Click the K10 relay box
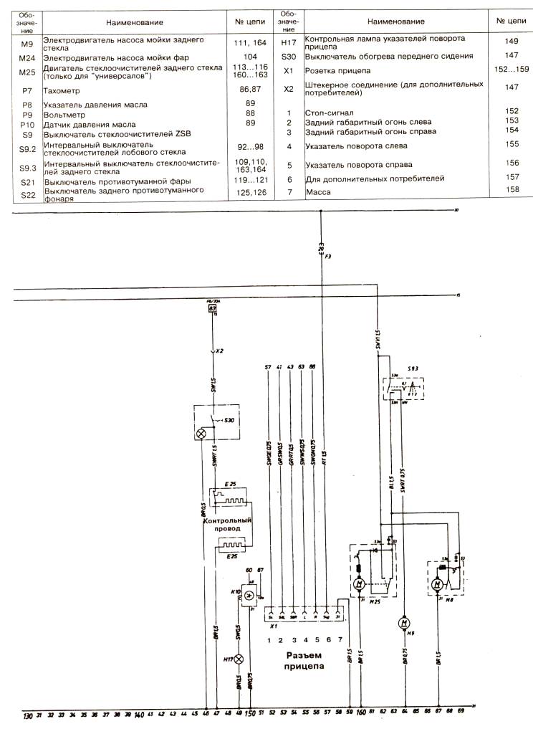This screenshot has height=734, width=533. [x=248, y=595]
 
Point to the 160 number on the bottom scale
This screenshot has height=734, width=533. [x=361, y=715]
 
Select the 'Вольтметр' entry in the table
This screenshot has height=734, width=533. [x=65, y=114]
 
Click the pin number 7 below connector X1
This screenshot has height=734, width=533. [x=340, y=639]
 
